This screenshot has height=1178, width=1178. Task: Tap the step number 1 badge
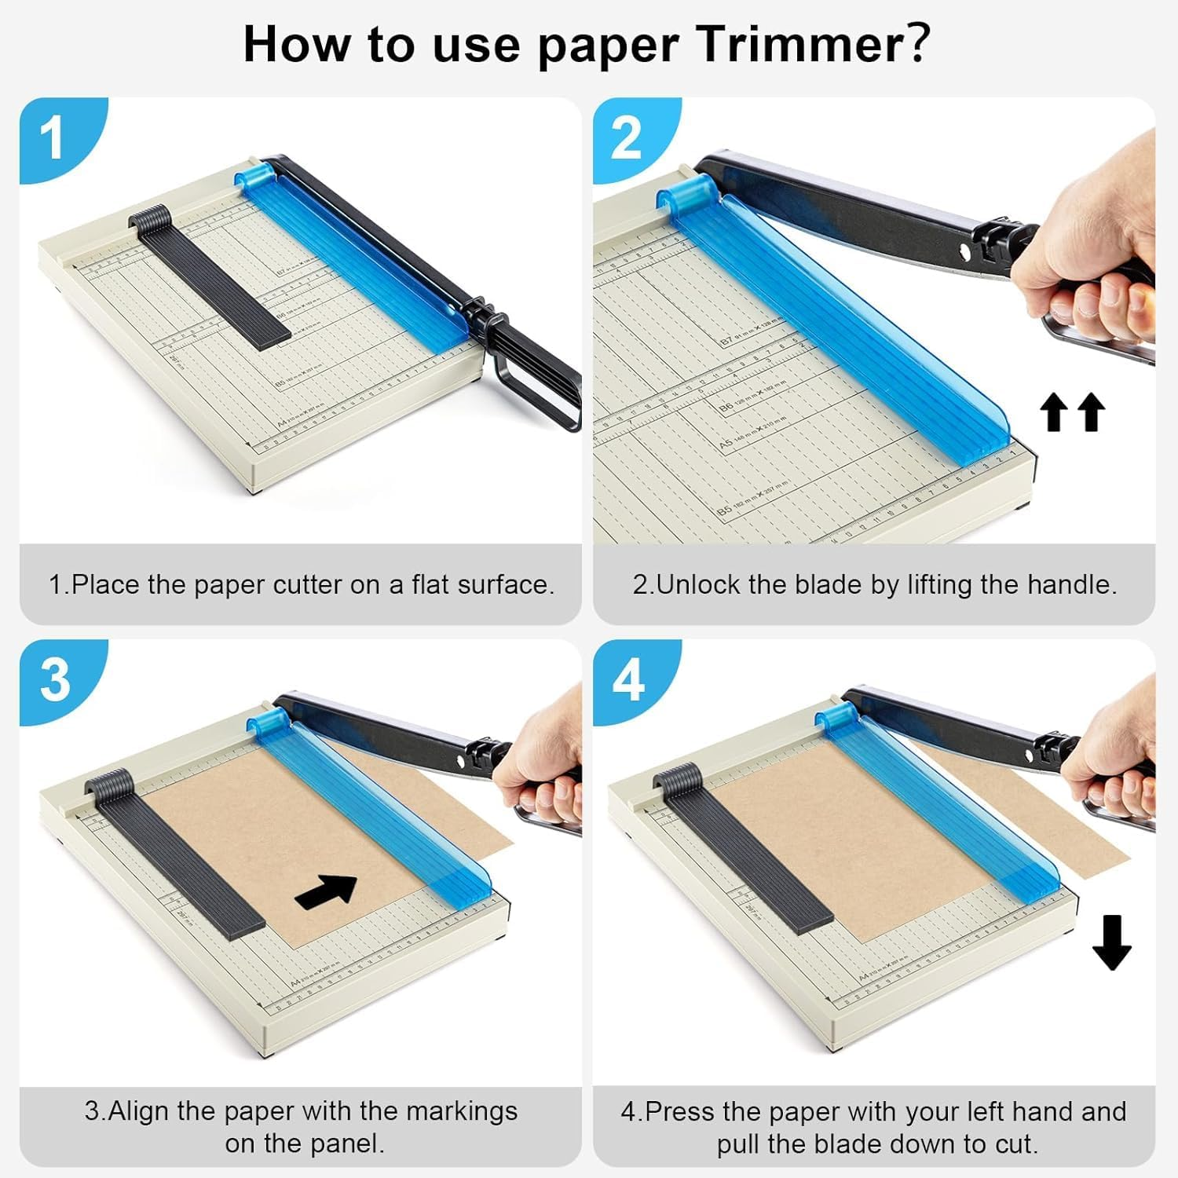click(52, 138)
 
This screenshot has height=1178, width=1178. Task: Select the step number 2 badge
click(626, 138)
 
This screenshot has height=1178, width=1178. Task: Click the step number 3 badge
click(54, 679)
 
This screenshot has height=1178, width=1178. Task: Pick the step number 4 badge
click(628, 679)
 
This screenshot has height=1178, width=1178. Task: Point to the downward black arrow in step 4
click(1111, 942)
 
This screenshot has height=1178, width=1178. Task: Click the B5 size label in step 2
click(724, 511)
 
